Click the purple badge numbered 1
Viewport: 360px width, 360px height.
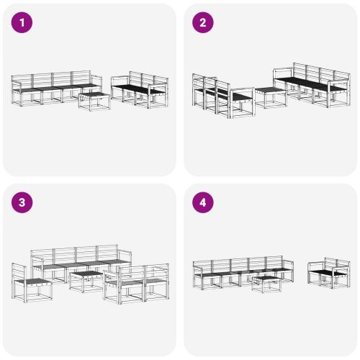pos(22,22)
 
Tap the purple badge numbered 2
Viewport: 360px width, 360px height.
pos(202,22)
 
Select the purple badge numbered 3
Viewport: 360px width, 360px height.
pos(22,202)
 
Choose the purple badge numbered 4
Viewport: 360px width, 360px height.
pos(202,202)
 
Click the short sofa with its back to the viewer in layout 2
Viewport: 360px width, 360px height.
pos(212,94)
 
